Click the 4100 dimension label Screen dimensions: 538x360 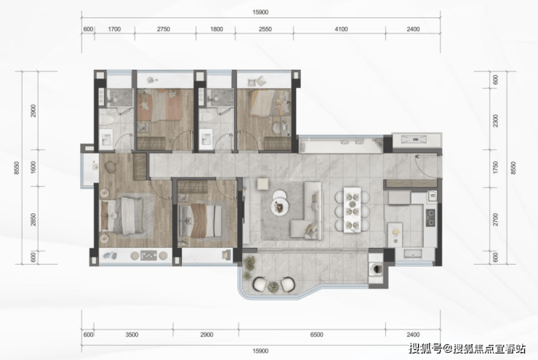pyautogui.click(x=341, y=29)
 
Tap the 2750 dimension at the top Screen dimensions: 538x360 pyautogui.click(x=164, y=29)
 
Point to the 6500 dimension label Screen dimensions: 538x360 pyautogui.click(x=316, y=335)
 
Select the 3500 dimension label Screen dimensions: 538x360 pyautogui.click(x=132, y=335)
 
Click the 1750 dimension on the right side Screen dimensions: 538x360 pyautogui.click(x=495, y=167)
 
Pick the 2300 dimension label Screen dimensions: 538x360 pyautogui.click(x=495, y=121)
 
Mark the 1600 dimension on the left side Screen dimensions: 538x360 pyautogui.click(x=33, y=167)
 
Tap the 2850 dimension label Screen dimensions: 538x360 pyautogui.click(x=33, y=220)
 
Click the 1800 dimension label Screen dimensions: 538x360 pyautogui.click(x=216, y=29)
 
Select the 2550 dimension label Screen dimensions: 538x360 pyautogui.click(x=265, y=29)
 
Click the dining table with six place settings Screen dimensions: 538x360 pyautogui.click(x=352, y=209)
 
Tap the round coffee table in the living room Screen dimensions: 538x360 pyautogui.click(x=280, y=207)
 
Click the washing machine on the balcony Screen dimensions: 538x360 pyautogui.click(x=376, y=268)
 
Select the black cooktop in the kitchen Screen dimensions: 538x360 pyautogui.click(x=430, y=217)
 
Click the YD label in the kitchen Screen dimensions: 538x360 pyautogui.click(x=433, y=196)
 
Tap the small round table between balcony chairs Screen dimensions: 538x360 pyautogui.click(x=273, y=286)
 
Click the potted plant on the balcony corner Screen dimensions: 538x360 pyautogui.click(x=249, y=263)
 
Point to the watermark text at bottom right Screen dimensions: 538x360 pyautogui.click(x=467, y=348)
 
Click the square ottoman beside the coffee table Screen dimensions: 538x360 pyautogui.click(x=263, y=183)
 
